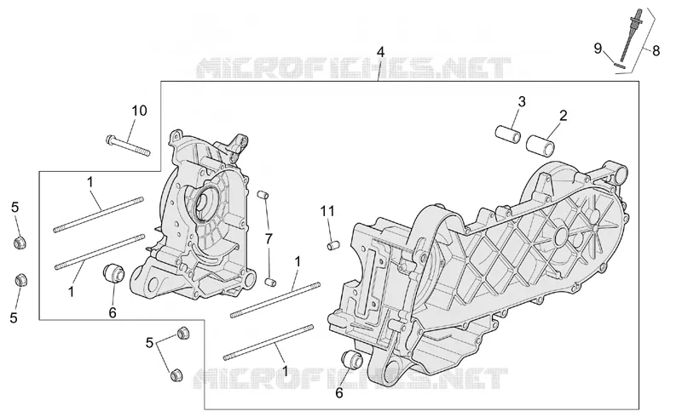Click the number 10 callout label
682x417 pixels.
click(x=139, y=111)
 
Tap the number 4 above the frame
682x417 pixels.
click(x=380, y=53)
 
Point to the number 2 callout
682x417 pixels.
click(x=564, y=116)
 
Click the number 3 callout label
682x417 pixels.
click(x=522, y=101)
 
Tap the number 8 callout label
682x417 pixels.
click(x=656, y=51)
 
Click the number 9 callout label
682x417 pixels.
click(x=598, y=49)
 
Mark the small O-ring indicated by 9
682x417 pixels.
click(x=618, y=66)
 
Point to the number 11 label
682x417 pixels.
click(x=327, y=211)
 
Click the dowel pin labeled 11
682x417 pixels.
click(x=333, y=245)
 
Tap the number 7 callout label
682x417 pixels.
click(x=269, y=238)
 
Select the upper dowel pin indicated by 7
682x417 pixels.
click(x=263, y=195)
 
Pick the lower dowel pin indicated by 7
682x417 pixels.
click(x=270, y=282)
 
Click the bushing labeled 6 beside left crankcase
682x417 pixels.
click(x=113, y=273)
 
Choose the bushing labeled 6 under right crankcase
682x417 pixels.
click(x=352, y=360)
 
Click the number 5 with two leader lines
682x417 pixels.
click(x=149, y=343)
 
